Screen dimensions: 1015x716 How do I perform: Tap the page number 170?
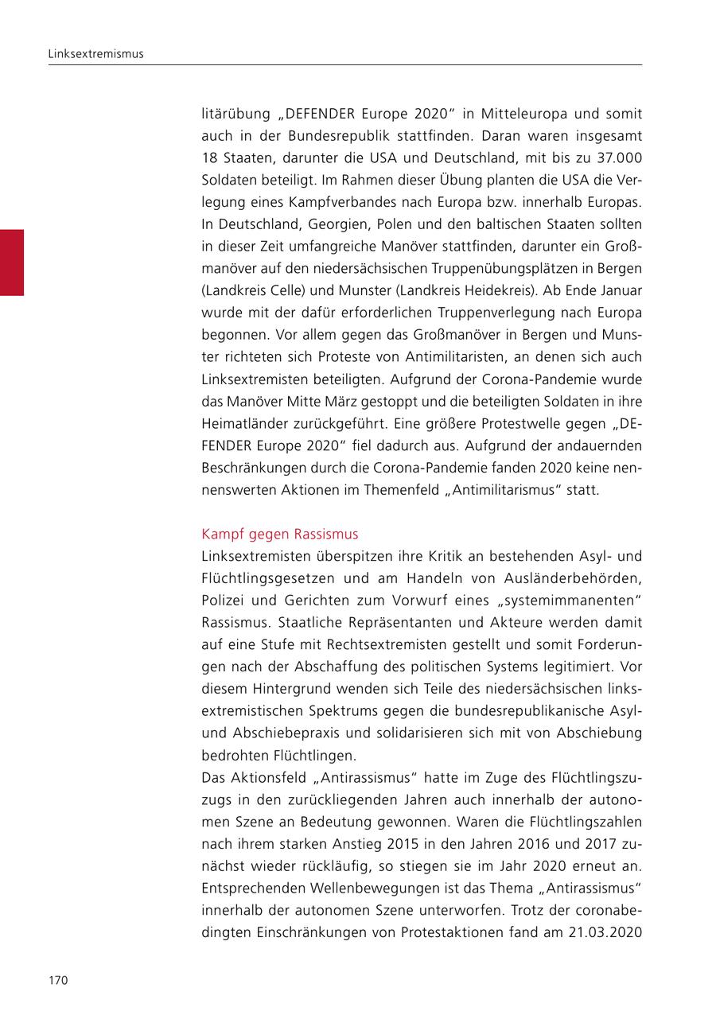pyautogui.click(x=58, y=981)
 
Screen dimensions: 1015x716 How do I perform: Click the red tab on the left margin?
pyautogui.click(x=12, y=262)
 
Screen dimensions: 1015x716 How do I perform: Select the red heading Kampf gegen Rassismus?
pyautogui.click(x=280, y=533)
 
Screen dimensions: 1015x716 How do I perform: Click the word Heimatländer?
pyautogui.click(x=240, y=423)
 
